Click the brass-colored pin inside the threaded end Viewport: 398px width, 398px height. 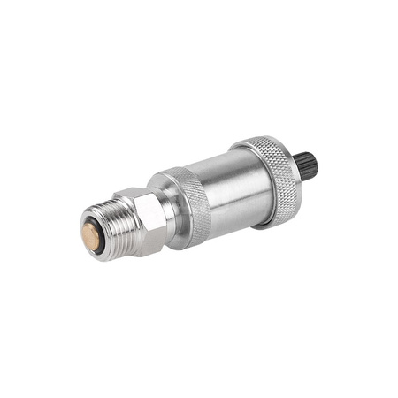(x=90, y=234)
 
